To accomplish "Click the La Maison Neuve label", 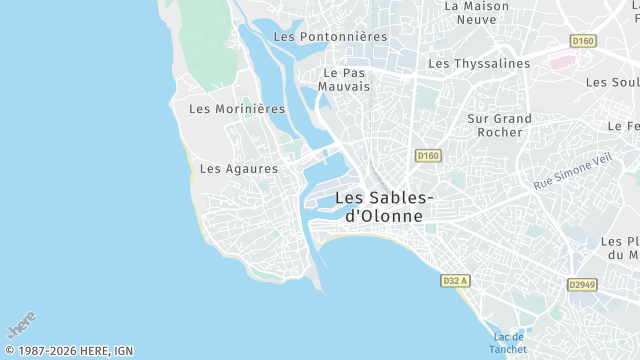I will pyautogui.click(x=476, y=12).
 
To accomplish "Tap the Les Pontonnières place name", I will pyautogui.click(x=329, y=37).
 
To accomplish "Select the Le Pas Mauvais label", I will pyautogui.click(x=344, y=79).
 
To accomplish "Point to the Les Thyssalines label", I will pyautogui.click(x=479, y=63).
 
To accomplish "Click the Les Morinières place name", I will pyautogui.click(x=237, y=108).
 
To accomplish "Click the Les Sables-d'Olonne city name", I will pyautogui.click(x=385, y=206).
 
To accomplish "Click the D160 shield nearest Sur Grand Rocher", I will pyautogui.click(x=428, y=155).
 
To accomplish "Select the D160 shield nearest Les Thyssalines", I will pyautogui.click(x=582, y=41).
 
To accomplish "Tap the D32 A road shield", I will pyautogui.click(x=455, y=281).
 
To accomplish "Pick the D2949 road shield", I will pyautogui.click(x=583, y=285).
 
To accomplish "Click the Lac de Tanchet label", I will pyautogui.click(x=508, y=343).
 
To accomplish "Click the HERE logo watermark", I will pyautogui.click(x=21, y=325).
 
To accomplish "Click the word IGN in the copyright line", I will pyautogui.click(x=122, y=351).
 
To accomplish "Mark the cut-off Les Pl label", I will pyautogui.click(x=620, y=248).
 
